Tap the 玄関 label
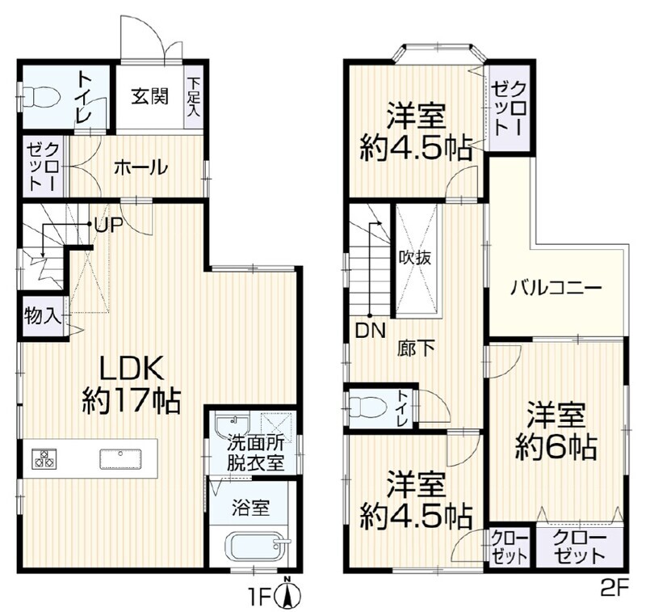pyautogui.click(x=150, y=96)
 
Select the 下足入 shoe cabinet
pyautogui.click(x=193, y=97)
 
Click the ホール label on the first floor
pyautogui.click(x=141, y=168)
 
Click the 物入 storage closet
pyautogui.click(x=43, y=317)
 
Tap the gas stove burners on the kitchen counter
pyautogui.click(x=44, y=458)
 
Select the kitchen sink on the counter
pyautogui.click(x=120, y=459)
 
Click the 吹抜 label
pyautogui.click(x=415, y=258)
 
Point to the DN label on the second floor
pyautogui.click(x=371, y=331)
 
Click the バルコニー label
pyautogui.click(x=556, y=289)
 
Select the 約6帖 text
pyautogui.click(x=556, y=446)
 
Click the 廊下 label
pyautogui.click(x=416, y=348)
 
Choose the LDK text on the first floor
pyautogui.click(x=132, y=368)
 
